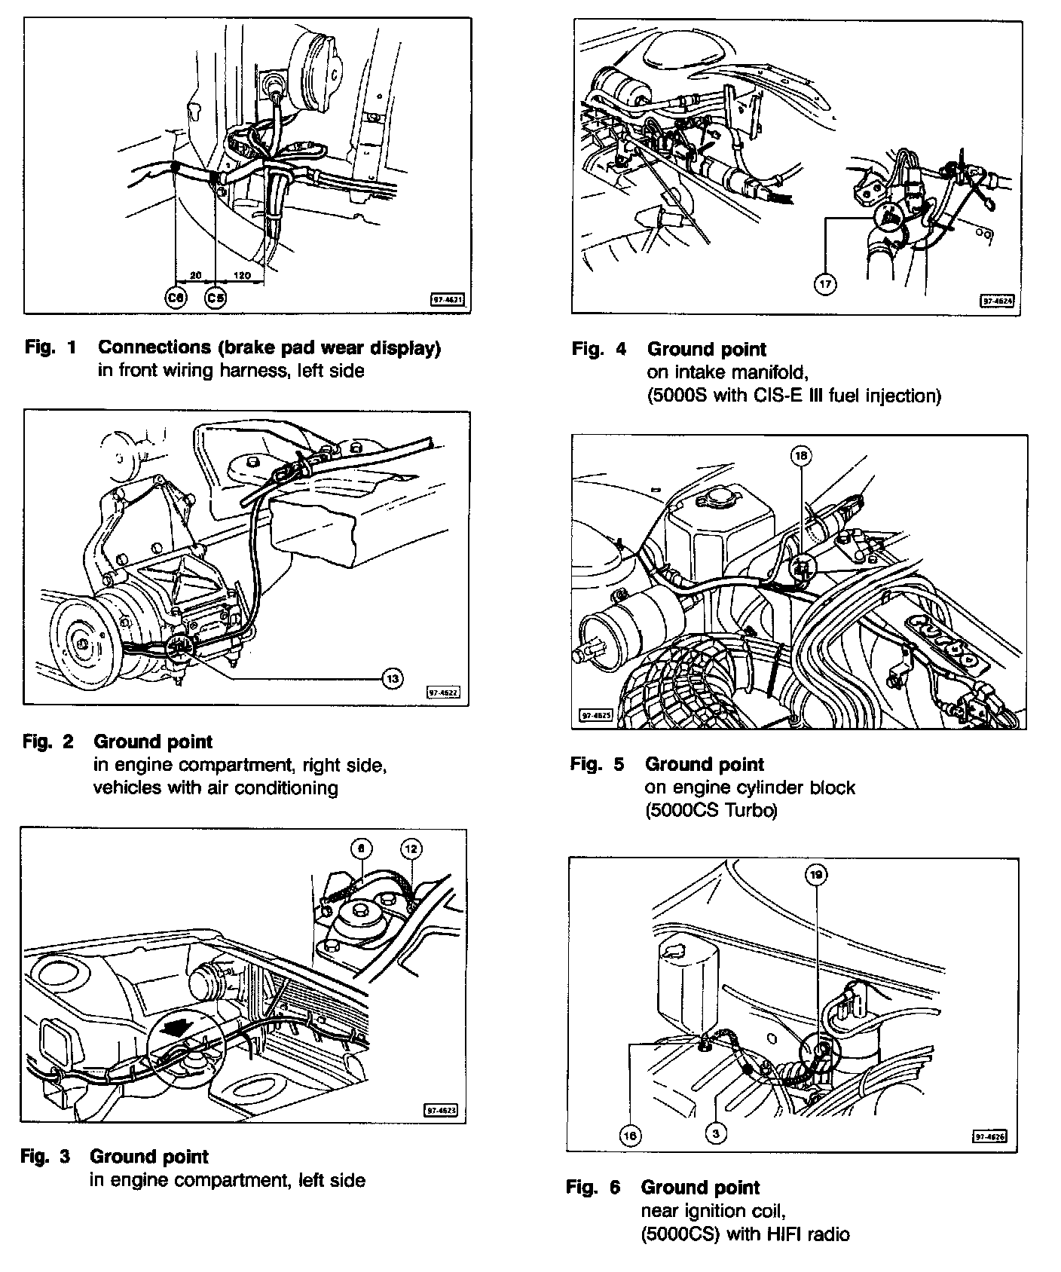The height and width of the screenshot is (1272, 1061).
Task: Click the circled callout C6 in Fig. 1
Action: (x=176, y=298)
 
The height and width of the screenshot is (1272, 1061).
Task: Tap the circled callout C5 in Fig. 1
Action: (x=216, y=298)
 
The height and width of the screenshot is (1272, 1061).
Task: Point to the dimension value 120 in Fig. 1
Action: (x=242, y=276)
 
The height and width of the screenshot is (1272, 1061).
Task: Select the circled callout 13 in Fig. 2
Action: (x=392, y=679)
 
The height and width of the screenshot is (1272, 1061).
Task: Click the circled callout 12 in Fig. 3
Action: (x=411, y=849)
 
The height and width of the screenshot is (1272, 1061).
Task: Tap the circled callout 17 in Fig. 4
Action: (x=826, y=284)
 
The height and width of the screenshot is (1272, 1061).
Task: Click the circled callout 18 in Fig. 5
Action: (x=800, y=455)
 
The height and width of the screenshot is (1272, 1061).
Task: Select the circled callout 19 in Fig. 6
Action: (x=816, y=875)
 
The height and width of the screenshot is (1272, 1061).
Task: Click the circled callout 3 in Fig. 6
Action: (x=716, y=1133)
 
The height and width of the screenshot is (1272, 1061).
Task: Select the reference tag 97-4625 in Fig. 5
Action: (x=595, y=715)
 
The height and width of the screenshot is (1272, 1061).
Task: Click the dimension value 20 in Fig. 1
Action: (x=195, y=276)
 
